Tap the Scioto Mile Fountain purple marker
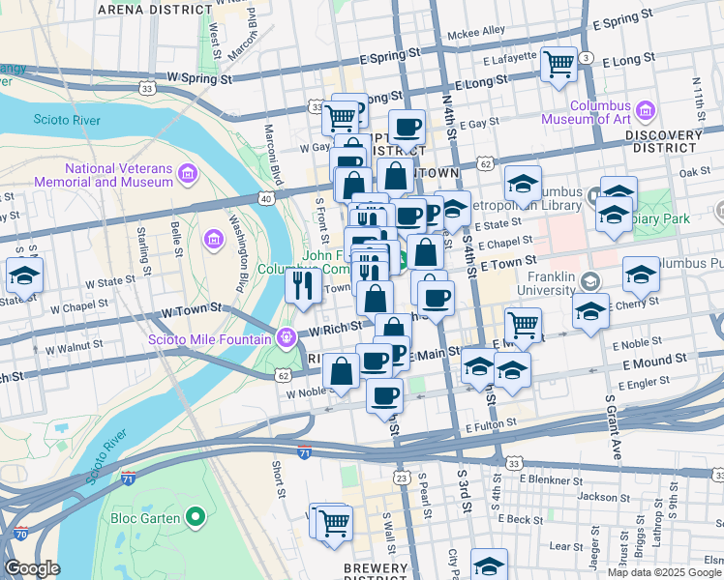tap(286, 337)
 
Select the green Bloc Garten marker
tap(196, 518)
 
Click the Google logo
tap(31, 568)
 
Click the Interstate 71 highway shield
tap(305, 450)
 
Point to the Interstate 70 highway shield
tap(20, 534)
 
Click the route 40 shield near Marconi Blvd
tap(264, 198)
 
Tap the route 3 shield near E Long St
tap(587, 59)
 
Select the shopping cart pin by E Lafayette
tap(559, 65)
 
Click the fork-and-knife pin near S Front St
tap(303, 285)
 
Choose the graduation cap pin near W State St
tap(24, 275)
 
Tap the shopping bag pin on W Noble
tap(341, 371)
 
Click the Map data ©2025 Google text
tap(663, 572)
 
